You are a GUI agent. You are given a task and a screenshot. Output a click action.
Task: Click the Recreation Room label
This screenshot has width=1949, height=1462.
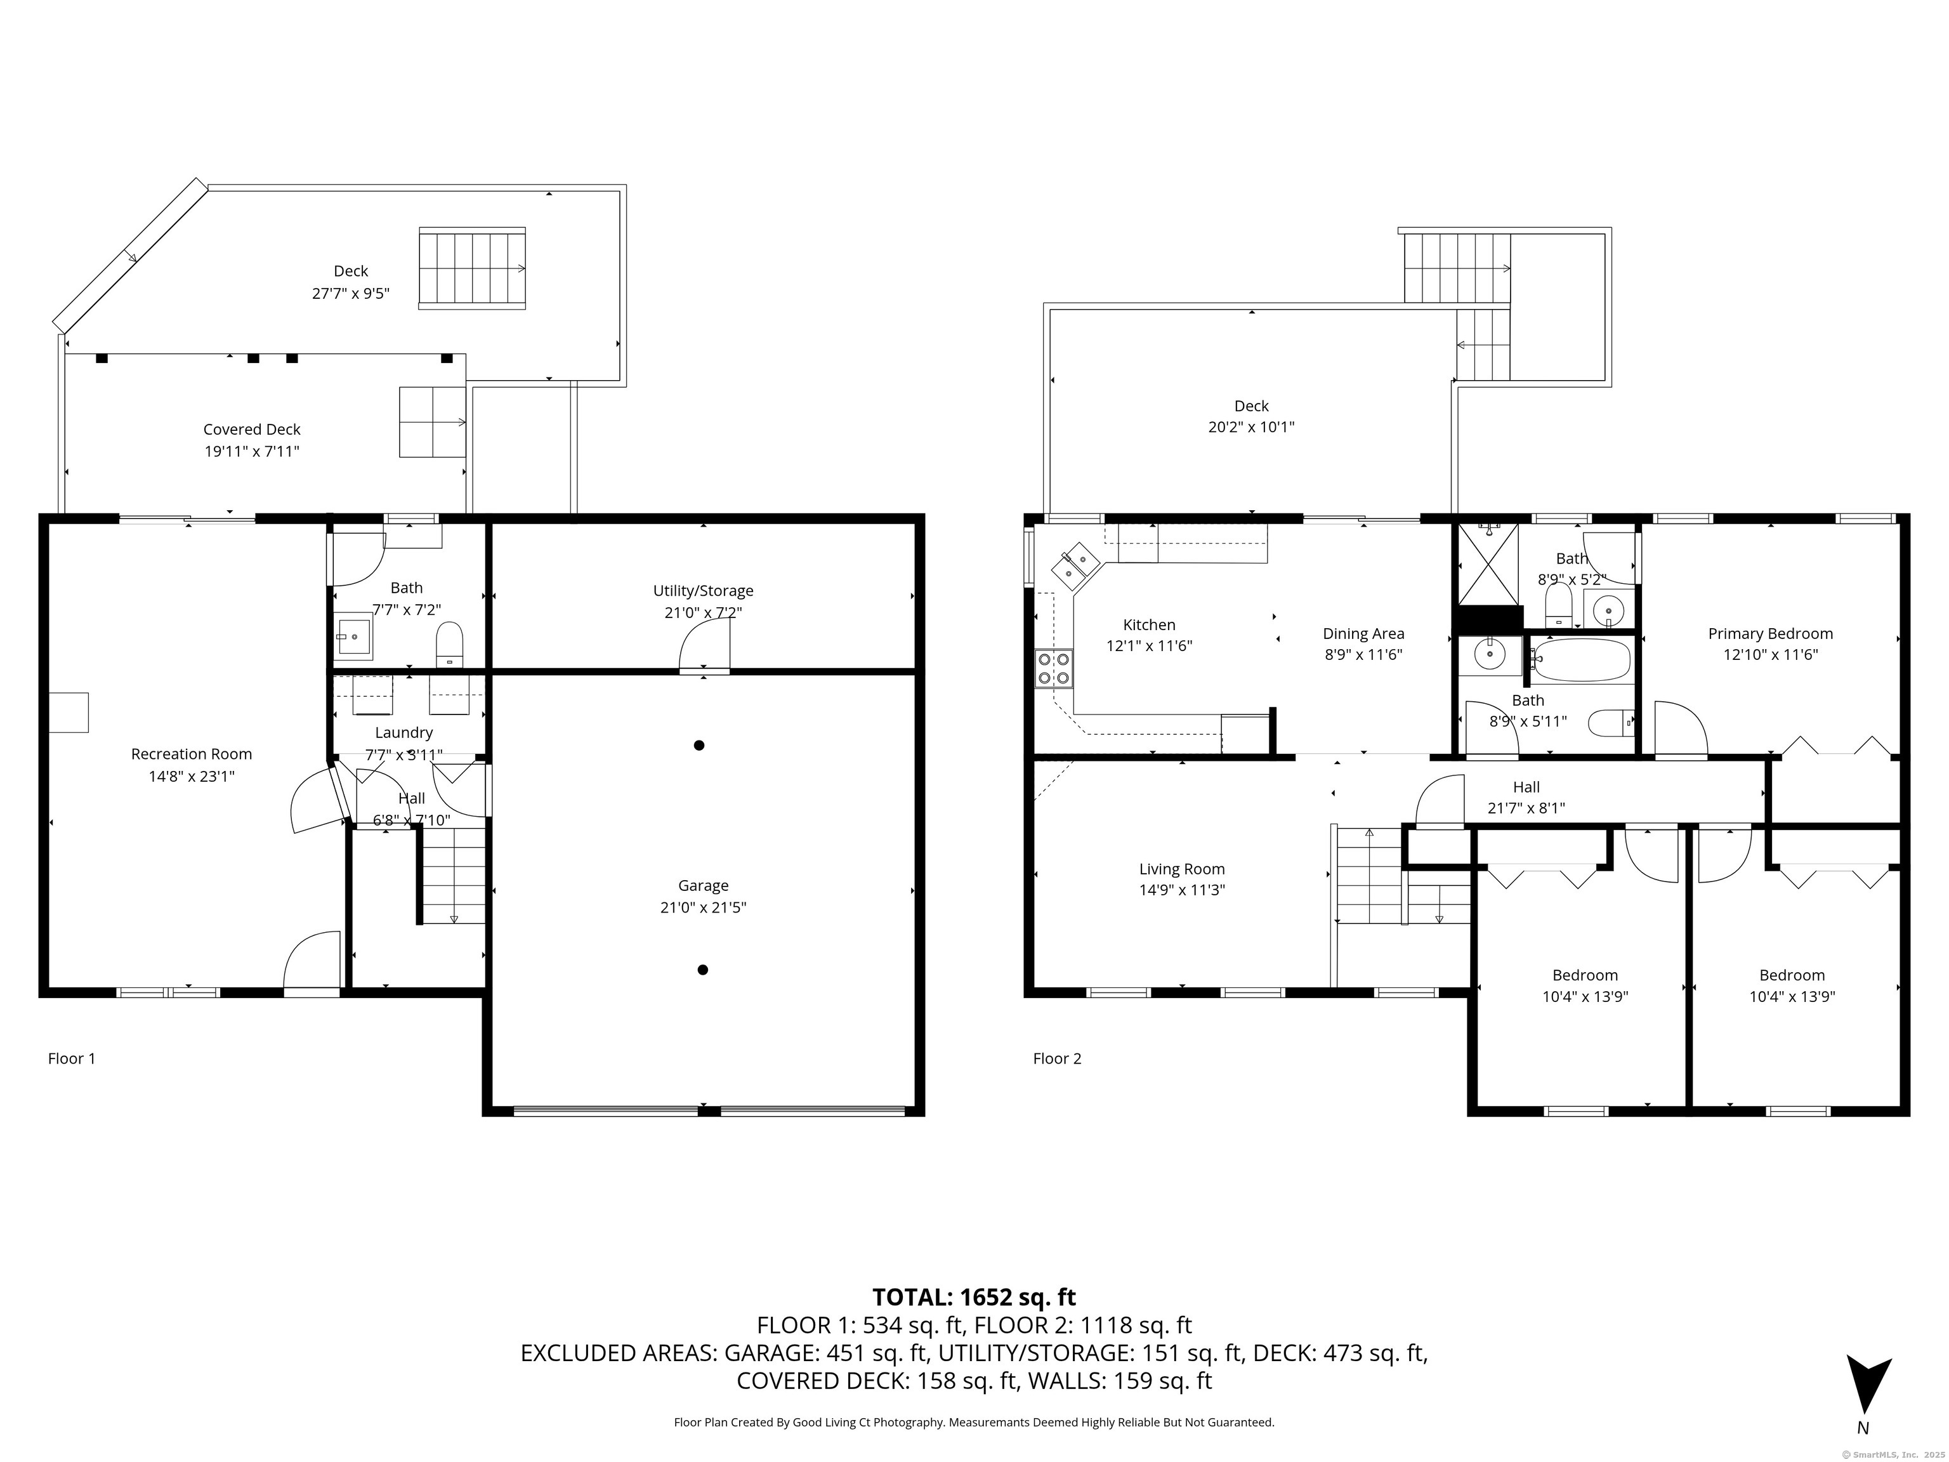click(x=191, y=754)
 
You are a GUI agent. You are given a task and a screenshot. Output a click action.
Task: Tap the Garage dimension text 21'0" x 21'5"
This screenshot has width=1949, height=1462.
click(x=703, y=907)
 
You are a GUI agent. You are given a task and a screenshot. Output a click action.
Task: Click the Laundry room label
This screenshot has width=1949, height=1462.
click(x=404, y=732)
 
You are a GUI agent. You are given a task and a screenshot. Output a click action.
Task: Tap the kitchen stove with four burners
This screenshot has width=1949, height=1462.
click(x=1054, y=668)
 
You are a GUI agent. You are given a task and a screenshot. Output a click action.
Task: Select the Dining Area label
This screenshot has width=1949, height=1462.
click(x=1363, y=634)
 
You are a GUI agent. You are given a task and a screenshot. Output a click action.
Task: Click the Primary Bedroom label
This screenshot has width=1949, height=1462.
click(x=1770, y=634)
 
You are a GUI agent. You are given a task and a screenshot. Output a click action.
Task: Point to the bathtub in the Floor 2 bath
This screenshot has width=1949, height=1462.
click(x=1582, y=660)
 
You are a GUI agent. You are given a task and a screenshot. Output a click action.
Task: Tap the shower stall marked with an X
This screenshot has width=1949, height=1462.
click(x=1489, y=565)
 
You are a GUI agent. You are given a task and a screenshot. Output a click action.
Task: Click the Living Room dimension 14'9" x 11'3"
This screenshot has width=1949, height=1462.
click(x=1181, y=891)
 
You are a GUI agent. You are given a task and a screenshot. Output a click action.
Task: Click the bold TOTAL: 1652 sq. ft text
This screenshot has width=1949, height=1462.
click(x=974, y=1297)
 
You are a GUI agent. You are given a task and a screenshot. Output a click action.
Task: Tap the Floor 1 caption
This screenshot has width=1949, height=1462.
click(x=71, y=1058)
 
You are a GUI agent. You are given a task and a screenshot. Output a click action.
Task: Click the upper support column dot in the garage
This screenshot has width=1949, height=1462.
click(x=699, y=746)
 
